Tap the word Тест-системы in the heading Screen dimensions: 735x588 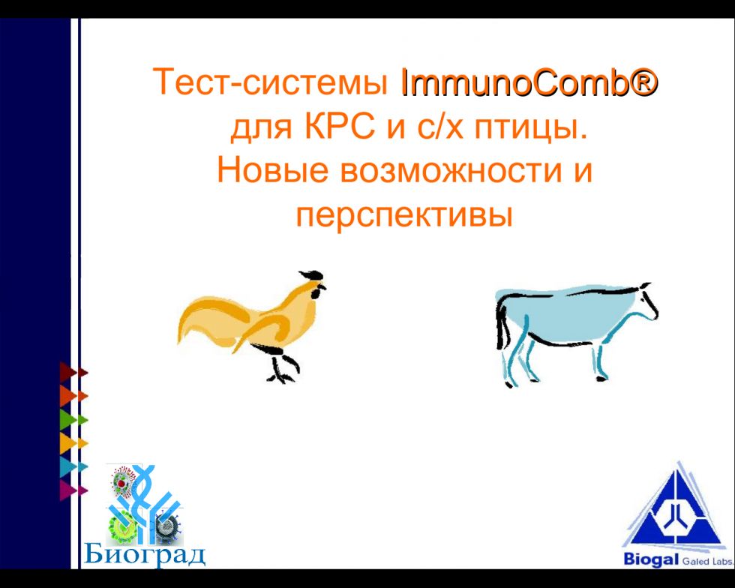[x=271, y=82]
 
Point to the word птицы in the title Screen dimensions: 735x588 [x=531, y=128]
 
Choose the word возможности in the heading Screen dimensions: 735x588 [x=451, y=171]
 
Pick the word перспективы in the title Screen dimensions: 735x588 [x=404, y=217]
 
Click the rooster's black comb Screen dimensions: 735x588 [x=310, y=274]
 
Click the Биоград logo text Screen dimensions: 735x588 [x=145, y=555]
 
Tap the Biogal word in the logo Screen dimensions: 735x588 [x=651, y=559]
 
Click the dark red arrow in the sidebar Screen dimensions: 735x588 [x=73, y=373]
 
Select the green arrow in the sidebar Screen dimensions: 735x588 [x=73, y=420]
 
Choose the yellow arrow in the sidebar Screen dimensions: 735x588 [x=73, y=443]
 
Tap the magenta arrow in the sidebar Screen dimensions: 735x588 [x=73, y=490]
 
